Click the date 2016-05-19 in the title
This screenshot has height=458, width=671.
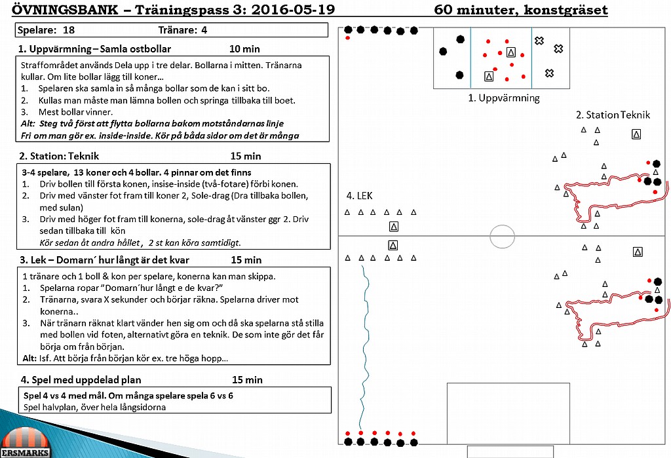coord(293,9)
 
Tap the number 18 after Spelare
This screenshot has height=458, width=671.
coord(68,30)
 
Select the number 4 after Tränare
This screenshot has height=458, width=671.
coord(204,30)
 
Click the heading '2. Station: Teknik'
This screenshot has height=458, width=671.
coord(59,156)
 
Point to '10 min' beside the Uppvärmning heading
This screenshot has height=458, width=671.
coord(244,48)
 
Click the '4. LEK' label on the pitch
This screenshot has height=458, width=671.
coord(359,196)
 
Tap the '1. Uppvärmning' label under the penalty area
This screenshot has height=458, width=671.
coord(504,98)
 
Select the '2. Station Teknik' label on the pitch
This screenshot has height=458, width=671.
coord(613,115)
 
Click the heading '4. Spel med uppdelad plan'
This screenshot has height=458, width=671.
coord(81,379)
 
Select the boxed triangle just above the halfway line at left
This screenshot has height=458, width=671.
coord(394,227)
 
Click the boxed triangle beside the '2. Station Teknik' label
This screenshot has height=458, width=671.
coord(636,134)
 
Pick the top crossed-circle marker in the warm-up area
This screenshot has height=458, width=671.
coord(539,41)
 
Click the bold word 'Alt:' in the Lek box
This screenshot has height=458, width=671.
coord(29,358)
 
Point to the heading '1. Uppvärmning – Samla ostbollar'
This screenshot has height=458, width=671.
coord(94,48)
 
